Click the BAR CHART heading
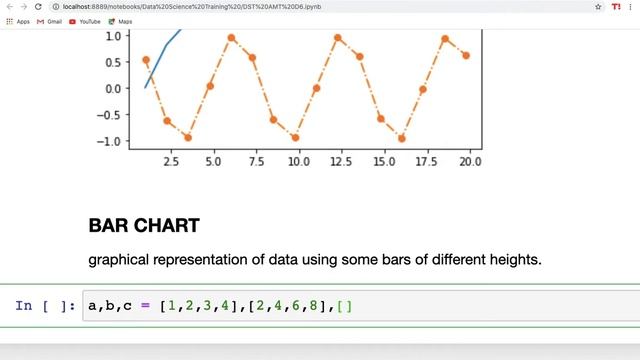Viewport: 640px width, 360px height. pos(144,226)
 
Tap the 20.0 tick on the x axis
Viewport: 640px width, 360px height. pos(470,161)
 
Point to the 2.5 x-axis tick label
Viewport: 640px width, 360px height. pos(170,161)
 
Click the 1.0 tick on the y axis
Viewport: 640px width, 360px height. pos(112,36)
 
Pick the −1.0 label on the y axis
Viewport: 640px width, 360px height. pos(108,141)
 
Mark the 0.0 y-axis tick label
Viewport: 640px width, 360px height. pos(112,88)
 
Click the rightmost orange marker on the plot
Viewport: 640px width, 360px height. pos(466,56)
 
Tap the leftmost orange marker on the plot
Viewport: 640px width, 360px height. pos(146,60)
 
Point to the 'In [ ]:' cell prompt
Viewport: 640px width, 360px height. pos(45,306)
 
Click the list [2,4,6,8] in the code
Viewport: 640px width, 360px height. pos(291,306)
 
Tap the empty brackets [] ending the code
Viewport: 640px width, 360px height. pos(345,306)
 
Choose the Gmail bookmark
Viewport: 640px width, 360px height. pos(47,21)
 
